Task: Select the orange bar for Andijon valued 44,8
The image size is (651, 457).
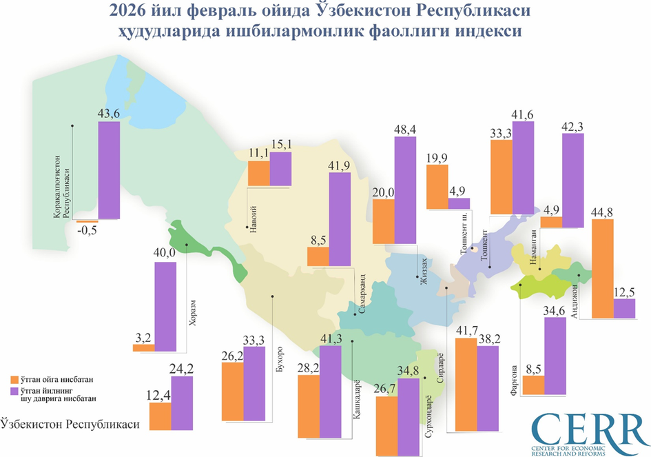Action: [603, 269]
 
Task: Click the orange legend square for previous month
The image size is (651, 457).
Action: [14, 379]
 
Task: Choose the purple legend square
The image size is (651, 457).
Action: [14, 392]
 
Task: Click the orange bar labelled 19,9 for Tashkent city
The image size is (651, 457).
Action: [437, 186]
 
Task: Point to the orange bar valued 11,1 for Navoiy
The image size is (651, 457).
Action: [258, 174]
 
